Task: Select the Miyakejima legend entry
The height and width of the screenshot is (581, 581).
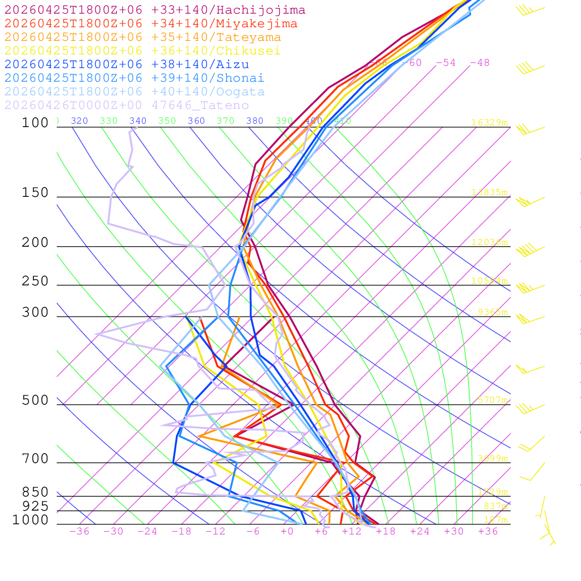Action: tap(151, 24)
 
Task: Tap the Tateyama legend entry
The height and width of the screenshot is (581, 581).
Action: tap(142, 37)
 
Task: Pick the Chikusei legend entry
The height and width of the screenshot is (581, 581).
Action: tap(142, 51)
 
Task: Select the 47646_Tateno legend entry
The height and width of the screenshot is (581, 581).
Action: tap(127, 106)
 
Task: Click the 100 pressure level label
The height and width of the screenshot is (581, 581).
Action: tap(35, 123)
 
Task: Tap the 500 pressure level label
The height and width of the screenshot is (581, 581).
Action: tap(35, 401)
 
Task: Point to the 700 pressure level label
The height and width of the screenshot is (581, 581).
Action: tap(35, 459)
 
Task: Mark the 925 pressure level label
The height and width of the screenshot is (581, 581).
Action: tap(35, 506)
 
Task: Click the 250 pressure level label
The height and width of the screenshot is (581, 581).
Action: tap(35, 281)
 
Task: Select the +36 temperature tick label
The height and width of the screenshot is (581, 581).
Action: tap(488, 531)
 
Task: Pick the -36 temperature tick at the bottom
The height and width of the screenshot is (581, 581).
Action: tap(79, 531)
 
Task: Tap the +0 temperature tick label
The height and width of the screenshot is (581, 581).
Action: tap(287, 531)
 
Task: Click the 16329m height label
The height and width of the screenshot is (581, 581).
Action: tap(489, 123)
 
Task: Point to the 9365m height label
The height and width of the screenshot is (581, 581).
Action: tap(492, 312)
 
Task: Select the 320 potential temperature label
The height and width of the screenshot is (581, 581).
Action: tap(79, 121)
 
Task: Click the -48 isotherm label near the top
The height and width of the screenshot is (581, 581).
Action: tap(479, 62)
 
